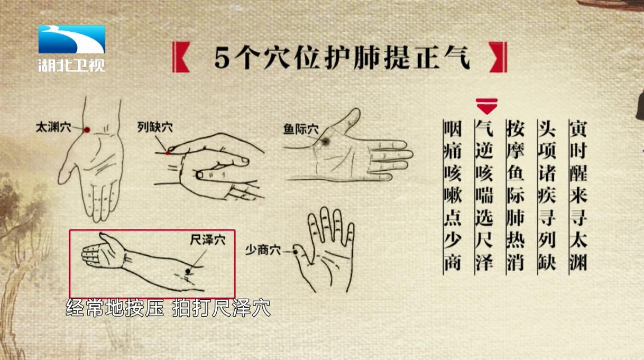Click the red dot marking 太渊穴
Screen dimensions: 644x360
point(87,130)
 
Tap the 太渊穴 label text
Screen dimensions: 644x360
point(53,127)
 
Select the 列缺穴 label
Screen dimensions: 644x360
point(155,127)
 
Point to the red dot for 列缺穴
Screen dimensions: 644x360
point(168,153)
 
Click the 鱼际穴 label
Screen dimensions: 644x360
point(301,129)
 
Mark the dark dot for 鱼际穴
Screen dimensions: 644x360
point(326,141)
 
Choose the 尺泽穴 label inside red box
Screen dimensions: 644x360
point(208,240)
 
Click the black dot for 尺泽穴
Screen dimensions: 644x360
point(188,271)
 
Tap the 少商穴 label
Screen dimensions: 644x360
point(263,250)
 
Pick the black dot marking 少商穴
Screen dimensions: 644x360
point(295,252)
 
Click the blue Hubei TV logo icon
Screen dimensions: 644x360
point(71,40)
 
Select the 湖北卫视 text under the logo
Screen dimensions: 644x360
point(71,65)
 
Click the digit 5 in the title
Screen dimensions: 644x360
point(222,58)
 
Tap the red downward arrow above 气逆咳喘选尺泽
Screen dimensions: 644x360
point(486,106)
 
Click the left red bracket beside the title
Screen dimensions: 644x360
point(181,57)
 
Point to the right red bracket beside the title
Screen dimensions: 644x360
point(498,57)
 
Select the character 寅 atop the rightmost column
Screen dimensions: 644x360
point(578,129)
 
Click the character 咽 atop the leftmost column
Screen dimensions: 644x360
point(453,129)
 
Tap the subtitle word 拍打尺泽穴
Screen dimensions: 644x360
point(222,308)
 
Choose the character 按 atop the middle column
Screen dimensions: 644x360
point(516,129)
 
